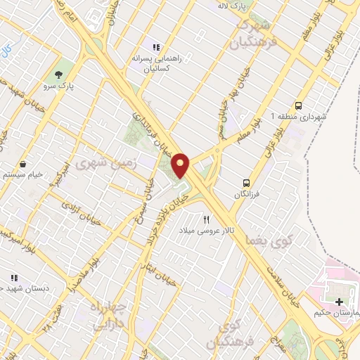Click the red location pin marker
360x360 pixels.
click(x=181, y=165)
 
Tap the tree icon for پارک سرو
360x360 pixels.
click(x=58, y=74)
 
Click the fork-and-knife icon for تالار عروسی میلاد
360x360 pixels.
click(x=207, y=219)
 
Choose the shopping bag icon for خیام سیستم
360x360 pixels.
click(x=23, y=162)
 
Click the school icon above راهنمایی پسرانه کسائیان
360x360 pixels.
click(x=155, y=46)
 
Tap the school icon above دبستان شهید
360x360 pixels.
click(x=12, y=278)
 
